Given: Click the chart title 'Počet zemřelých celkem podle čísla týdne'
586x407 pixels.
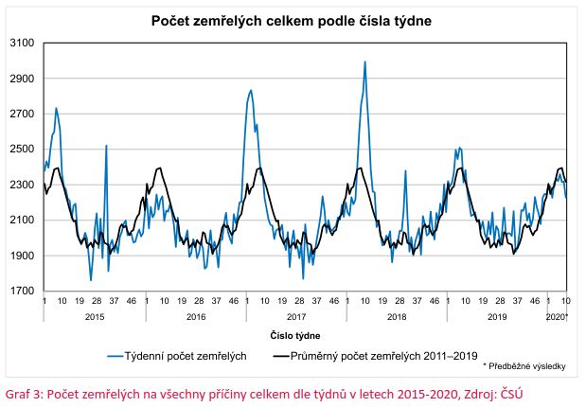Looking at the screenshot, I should [x=292, y=20].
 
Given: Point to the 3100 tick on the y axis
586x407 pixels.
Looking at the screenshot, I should [x=23, y=44].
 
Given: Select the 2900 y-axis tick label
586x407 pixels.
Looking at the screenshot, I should [x=23, y=79].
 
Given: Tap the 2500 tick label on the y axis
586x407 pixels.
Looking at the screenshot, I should [x=23, y=150].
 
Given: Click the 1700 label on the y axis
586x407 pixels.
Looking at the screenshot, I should [x=23, y=292].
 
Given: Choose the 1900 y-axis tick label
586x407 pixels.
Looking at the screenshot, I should [x=23, y=256].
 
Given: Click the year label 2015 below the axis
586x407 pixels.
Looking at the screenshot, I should [x=95, y=315].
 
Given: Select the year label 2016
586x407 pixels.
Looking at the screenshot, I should [x=195, y=315].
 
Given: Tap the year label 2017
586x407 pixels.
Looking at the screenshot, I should [x=296, y=315].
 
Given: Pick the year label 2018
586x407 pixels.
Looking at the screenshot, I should [x=398, y=315].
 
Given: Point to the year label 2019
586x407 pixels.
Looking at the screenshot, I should [x=498, y=315].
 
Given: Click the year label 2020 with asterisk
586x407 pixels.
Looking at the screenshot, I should [x=558, y=315].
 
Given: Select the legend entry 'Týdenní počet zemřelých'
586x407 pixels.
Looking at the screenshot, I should [x=190, y=356].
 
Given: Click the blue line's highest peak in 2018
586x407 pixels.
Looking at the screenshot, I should [x=365, y=62].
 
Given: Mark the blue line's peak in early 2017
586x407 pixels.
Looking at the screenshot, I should [x=251, y=91].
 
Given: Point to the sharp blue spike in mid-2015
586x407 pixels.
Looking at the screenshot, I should [x=106, y=146].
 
